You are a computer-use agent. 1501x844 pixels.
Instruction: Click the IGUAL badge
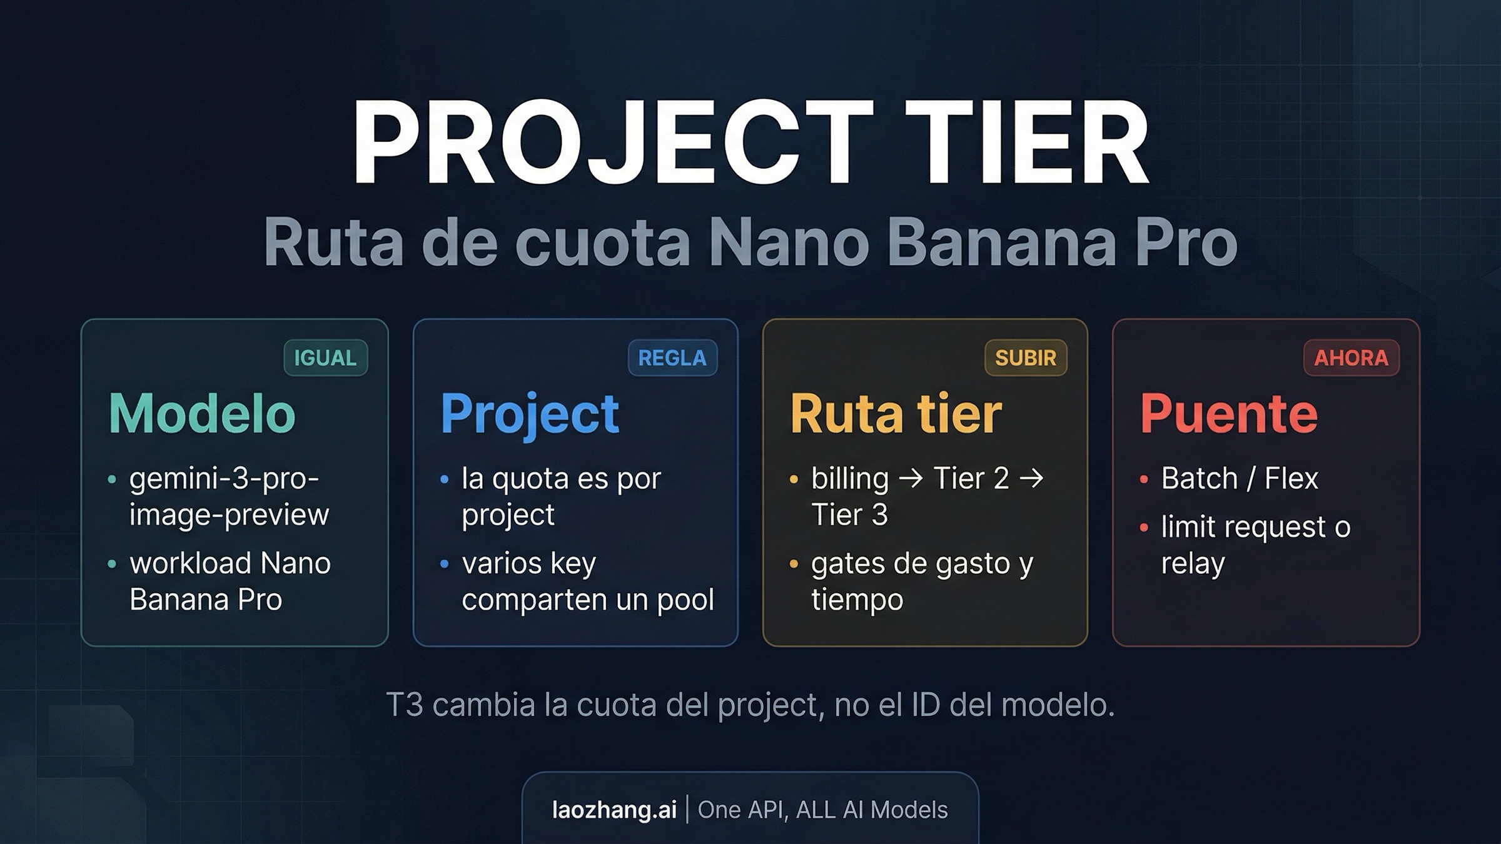(325, 358)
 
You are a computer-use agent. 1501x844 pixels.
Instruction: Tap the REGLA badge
(672, 358)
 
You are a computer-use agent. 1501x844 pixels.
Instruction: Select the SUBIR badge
(1026, 358)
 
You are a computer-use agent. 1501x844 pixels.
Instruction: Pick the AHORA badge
(1351, 358)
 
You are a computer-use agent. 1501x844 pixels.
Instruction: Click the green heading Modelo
(202, 413)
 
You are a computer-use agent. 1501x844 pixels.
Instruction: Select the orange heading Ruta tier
(896, 413)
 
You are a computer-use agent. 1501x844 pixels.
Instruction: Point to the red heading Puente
(1229, 413)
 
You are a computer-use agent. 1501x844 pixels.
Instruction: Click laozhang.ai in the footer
(614, 810)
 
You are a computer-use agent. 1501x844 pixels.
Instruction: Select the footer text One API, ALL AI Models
(822, 810)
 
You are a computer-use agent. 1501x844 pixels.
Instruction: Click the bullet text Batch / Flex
(1240, 479)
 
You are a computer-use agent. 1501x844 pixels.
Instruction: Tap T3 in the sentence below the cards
(404, 705)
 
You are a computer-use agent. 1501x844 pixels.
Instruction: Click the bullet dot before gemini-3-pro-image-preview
(112, 480)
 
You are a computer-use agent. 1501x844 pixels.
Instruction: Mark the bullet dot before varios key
(445, 564)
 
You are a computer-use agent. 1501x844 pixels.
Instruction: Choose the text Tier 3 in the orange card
(849, 515)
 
